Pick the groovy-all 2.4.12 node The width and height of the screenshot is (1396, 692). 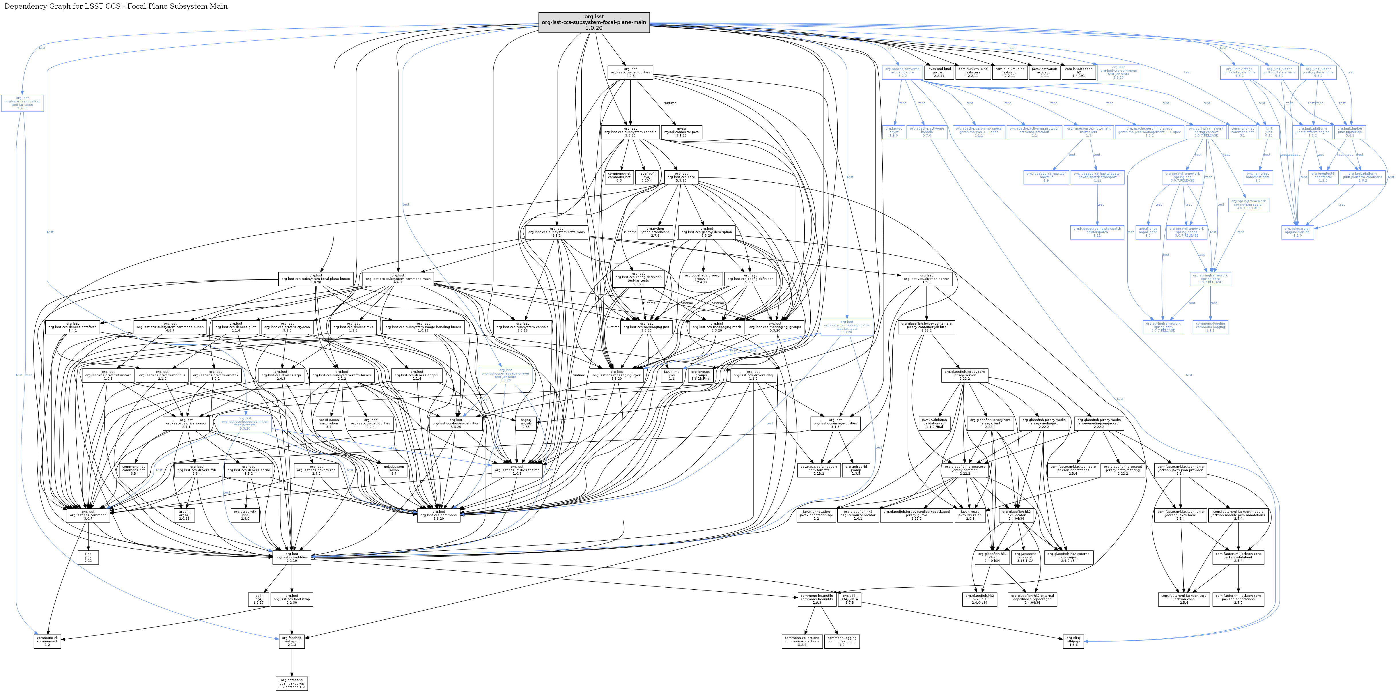[702, 279]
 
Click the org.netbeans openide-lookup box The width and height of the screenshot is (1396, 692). [292, 683]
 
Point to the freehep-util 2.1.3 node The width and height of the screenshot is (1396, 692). [292, 641]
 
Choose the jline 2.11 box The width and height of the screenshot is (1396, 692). [88, 557]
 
